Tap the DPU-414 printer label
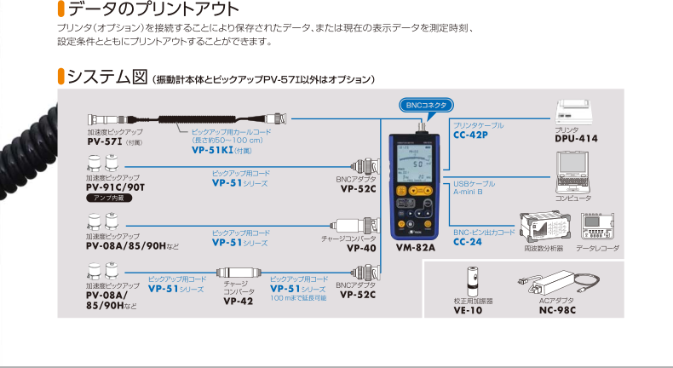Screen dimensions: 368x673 (x=576, y=137)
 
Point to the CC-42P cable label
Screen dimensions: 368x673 (x=470, y=135)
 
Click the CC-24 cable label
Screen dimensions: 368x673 (x=468, y=241)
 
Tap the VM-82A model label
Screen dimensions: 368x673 (x=416, y=249)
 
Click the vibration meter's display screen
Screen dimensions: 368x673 (x=417, y=164)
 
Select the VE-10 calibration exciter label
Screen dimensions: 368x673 (x=469, y=309)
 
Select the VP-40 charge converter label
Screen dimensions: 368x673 (x=360, y=249)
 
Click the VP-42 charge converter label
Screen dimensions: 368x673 (x=238, y=300)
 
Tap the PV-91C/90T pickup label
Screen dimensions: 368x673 (x=116, y=187)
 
